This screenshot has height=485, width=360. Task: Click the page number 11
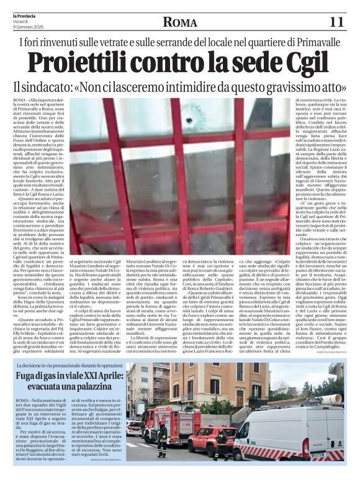coord(336,22)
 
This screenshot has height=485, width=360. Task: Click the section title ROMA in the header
coord(180,22)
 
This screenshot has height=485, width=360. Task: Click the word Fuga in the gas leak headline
coord(28,376)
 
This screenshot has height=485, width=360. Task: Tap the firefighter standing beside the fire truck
coord(163,435)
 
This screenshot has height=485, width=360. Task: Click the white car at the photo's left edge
coord(133,428)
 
